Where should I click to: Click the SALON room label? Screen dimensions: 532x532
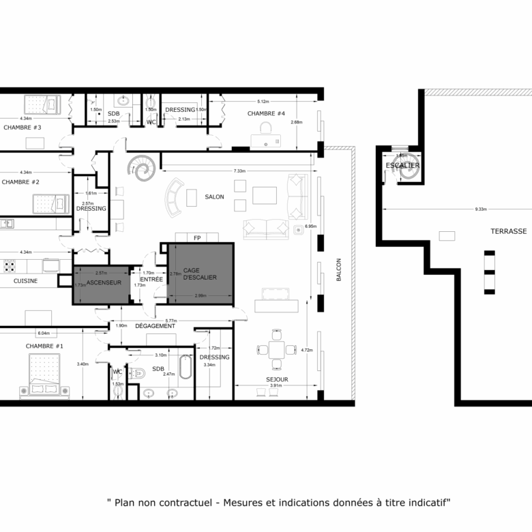tap(214, 197)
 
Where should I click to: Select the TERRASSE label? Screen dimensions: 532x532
tap(508, 231)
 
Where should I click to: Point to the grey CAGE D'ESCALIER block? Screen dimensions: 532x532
tap(201, 273)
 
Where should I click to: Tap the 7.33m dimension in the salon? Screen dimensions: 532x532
tap(239, 171)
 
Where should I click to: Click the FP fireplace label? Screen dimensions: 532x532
tap(197, 238)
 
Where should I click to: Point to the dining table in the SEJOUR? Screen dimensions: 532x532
tap(276, 349)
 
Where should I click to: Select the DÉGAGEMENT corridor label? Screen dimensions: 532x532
tap(155, 326)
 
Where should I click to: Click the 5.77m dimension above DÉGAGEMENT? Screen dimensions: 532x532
tap(171, 320)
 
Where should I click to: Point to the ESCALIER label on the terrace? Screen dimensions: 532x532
tap(402, 166)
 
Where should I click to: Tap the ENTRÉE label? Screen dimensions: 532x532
tap(151, 280)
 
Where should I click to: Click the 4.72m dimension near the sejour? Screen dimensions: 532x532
tap(306, 350)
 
